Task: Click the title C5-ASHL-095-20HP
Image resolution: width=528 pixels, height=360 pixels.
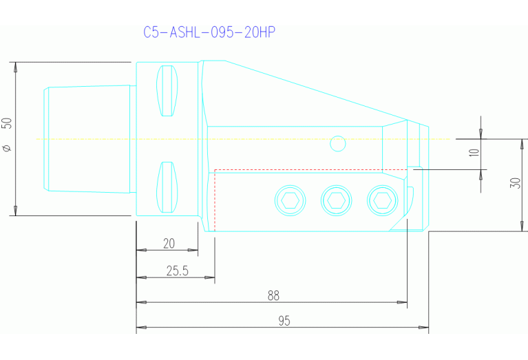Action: coord(210,32)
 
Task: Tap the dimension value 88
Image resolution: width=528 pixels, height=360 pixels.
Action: coord(273,295)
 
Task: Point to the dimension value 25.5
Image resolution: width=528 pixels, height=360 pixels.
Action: coord(177,271)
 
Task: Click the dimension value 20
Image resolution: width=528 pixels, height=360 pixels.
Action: coord(168,243)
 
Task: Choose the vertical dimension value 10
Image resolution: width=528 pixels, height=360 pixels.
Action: coord(474,151)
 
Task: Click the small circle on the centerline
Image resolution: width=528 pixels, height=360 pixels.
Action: coord(337,143)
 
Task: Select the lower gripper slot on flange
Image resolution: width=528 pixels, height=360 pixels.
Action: coord(167,187)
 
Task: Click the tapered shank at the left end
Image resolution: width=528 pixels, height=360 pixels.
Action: coord(88,139)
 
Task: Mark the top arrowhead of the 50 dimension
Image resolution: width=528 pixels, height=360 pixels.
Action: coord(15,67)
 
